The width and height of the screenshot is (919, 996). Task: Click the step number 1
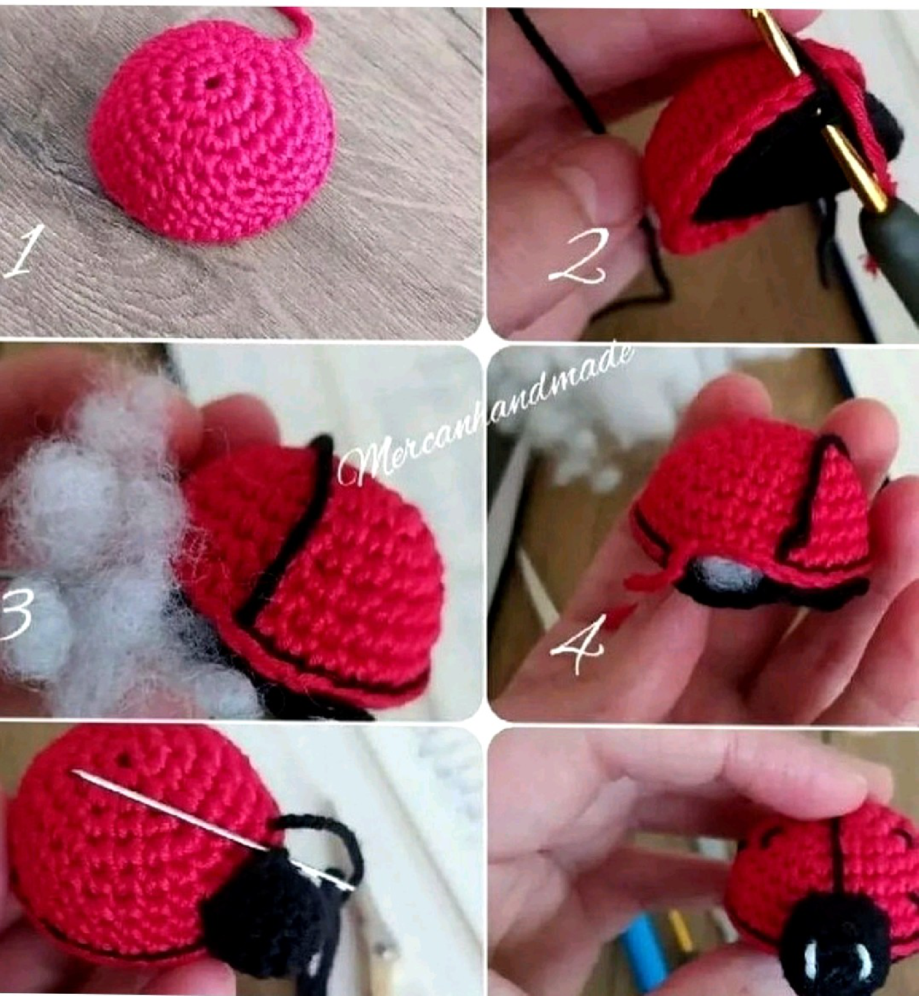click(x=21, y=253)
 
